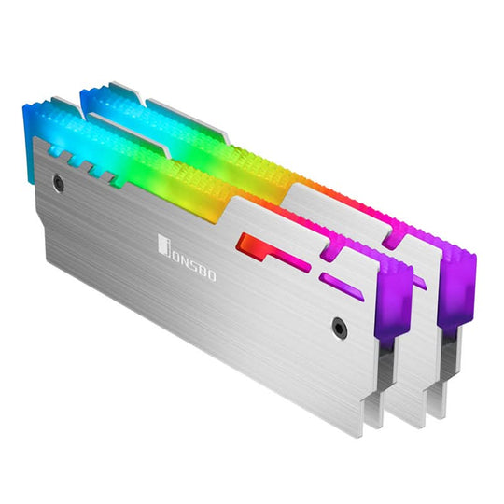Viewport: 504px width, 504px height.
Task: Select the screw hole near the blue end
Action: click(x=59, y=185)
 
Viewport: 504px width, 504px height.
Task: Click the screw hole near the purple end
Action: click(x=339, y=328)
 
